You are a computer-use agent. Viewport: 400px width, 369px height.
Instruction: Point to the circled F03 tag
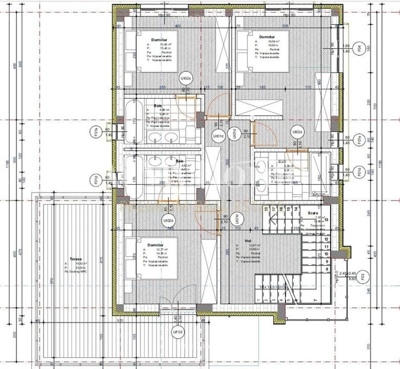pos(363,277)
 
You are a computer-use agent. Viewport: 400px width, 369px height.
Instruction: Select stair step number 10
pos(326,254)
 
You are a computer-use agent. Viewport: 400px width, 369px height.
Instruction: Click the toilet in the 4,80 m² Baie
pos(191,133)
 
